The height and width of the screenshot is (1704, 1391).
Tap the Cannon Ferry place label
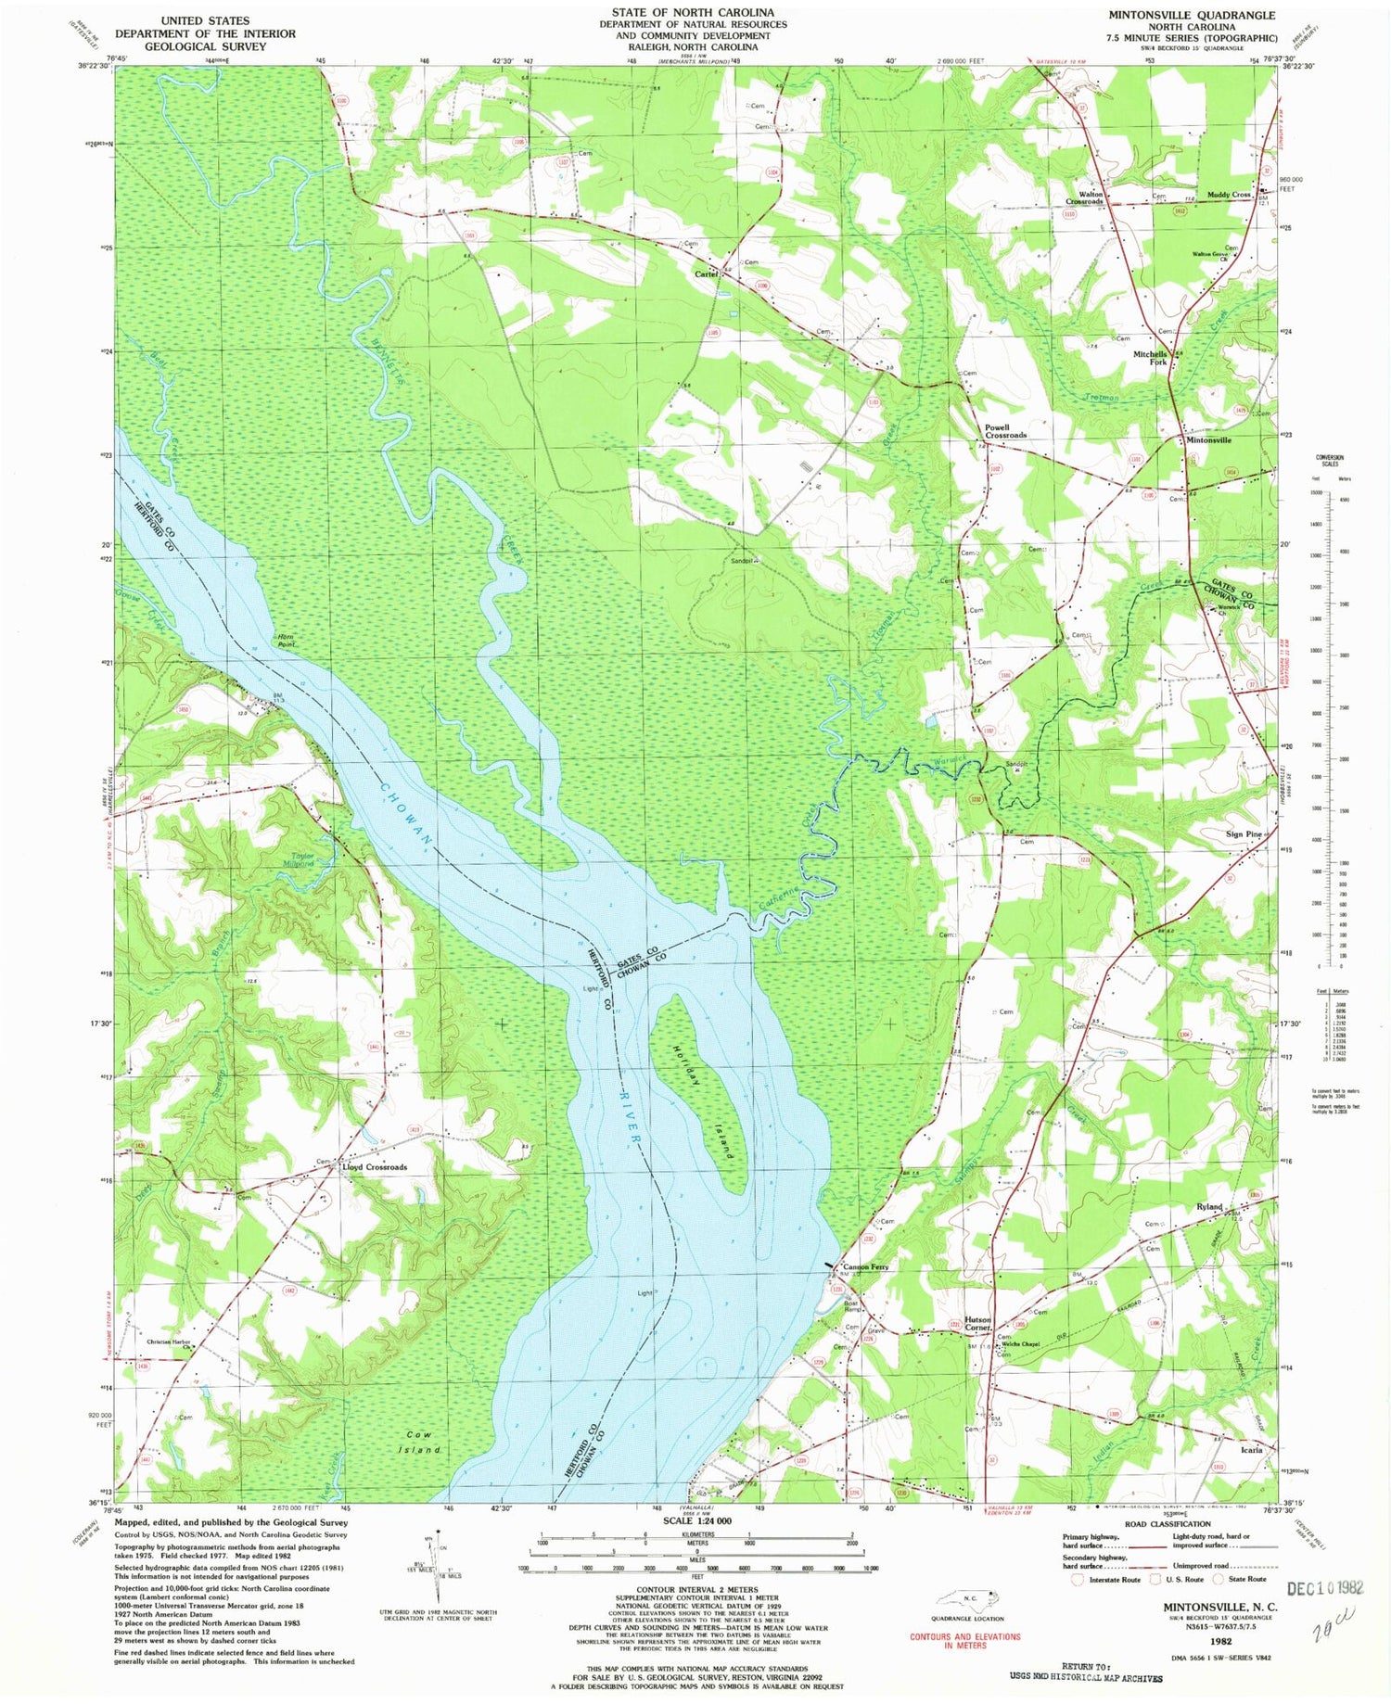pos(865,1267)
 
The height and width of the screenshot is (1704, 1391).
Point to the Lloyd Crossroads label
pos(374,1167)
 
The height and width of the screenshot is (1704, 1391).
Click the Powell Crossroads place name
pos(1005,431)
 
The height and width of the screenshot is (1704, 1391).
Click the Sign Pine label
pos(1244,834)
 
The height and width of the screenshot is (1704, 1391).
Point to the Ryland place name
pos(1209,1206)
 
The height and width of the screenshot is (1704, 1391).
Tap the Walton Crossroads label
pos(1084,197)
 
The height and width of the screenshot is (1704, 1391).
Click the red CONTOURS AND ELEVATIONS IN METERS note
pos(964,1641)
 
